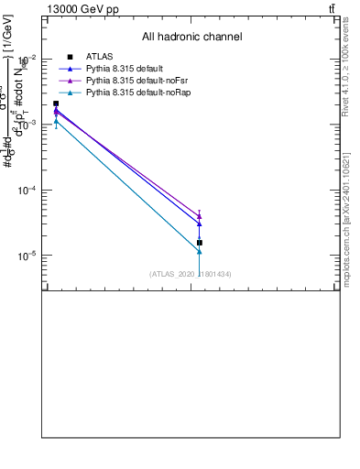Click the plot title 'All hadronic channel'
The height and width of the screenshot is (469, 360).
191,37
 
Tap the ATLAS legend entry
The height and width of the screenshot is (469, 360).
99,57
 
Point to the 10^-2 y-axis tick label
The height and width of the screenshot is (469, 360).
27,59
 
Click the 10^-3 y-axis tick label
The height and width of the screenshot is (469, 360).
27,125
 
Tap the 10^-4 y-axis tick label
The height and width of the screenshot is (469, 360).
27,191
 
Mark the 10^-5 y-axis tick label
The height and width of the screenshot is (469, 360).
27,256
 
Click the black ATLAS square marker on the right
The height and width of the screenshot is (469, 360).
199,243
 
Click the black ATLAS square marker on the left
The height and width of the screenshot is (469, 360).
56,104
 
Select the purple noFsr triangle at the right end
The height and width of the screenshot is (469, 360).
199,216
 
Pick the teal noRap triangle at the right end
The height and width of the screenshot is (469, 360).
199,251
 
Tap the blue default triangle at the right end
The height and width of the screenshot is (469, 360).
199,224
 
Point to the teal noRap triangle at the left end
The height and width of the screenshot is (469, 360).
56,121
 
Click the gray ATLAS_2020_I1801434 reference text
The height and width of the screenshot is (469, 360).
190,274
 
